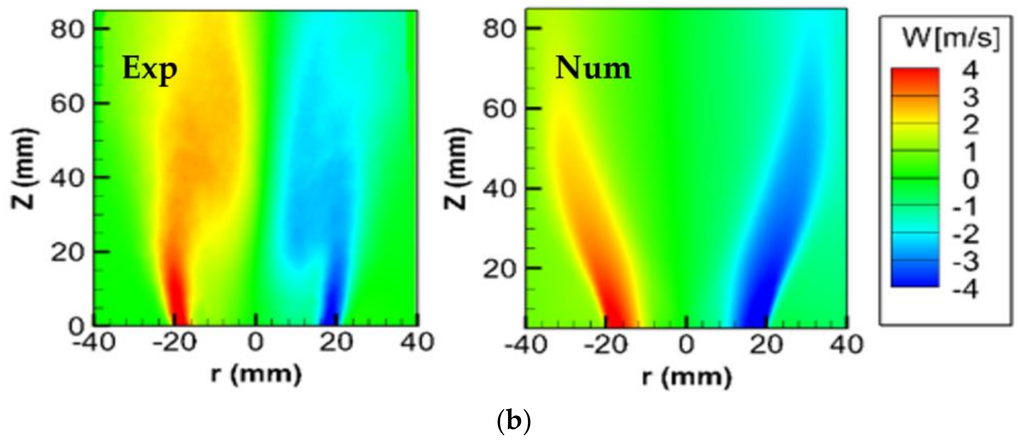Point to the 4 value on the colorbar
point(970,72)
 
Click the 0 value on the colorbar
point(970,181)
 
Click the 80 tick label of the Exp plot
point(67,29)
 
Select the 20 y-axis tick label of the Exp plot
point(67,252)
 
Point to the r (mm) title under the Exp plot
point(256,374)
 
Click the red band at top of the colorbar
point(915,81)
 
